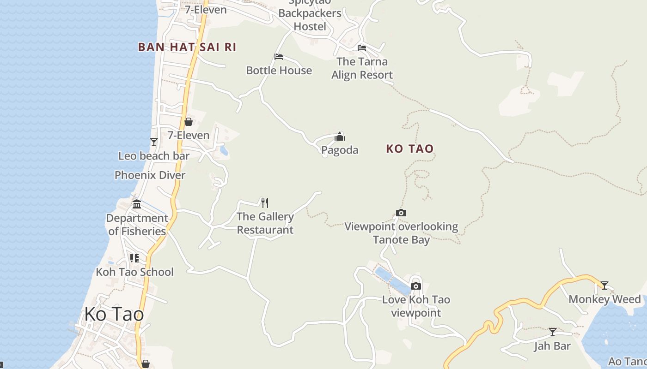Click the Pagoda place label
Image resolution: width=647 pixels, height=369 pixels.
tap(340, 150)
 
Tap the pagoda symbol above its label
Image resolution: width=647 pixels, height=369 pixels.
tap(340, 137)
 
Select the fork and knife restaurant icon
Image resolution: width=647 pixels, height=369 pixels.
tap(265, 202)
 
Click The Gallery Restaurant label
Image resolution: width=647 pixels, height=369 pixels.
tap(265, 223)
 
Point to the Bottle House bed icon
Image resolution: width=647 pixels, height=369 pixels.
tap(279, 57)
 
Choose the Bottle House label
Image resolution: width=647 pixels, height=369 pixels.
tap(279, 71)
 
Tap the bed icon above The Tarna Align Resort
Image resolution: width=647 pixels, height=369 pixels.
tap(362, 48)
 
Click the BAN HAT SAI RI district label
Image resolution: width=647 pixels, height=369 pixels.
tap(187, 47)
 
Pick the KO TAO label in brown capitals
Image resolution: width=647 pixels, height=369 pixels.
tap(410, 149)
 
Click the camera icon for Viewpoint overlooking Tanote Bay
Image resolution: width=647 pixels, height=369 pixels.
tap(401, 213)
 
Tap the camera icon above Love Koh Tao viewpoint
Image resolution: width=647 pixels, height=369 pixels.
tap(416, 286)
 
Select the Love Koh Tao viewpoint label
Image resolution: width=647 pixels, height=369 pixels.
tap(416, 306)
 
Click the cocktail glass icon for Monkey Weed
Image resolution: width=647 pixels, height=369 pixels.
tap(604, 286)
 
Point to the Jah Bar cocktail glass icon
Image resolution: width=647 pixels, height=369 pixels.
tap(553, 332)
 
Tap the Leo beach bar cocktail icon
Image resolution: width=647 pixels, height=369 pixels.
tap(154, 142)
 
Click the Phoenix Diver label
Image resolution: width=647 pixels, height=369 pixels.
tap(150, 175)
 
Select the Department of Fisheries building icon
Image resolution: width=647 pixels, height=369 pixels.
tap(137, 204)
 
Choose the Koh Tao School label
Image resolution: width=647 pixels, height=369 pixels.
tap(134, 272)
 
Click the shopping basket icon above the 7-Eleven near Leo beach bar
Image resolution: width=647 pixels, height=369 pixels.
tap(189, 122)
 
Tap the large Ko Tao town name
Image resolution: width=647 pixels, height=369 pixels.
tap(114, 315)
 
